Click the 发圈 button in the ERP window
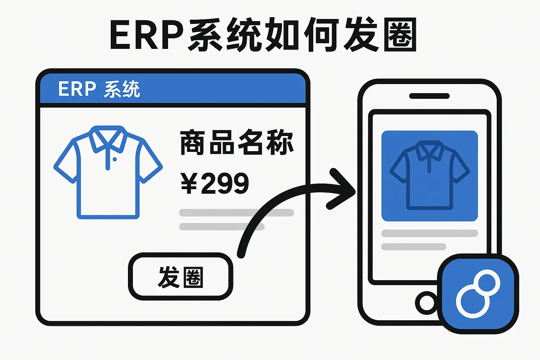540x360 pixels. click(180, 277)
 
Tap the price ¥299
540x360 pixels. click(215, 183)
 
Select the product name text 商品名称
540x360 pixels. click(237, 142)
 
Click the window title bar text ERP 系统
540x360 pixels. click(99, 89)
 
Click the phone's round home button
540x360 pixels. click(427, 303)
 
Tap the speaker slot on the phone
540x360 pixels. click(429, 96)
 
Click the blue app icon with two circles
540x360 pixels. click(478, 294)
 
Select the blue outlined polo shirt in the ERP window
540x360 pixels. click(108, 172)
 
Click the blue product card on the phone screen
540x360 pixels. click(429, 176)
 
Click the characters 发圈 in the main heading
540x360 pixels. click(380, 35)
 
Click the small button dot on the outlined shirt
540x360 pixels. click(115, 159)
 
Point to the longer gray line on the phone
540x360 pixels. click(429, 233)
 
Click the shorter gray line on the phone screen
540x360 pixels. click(413, 246)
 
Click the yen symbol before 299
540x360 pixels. click(189, 183)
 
